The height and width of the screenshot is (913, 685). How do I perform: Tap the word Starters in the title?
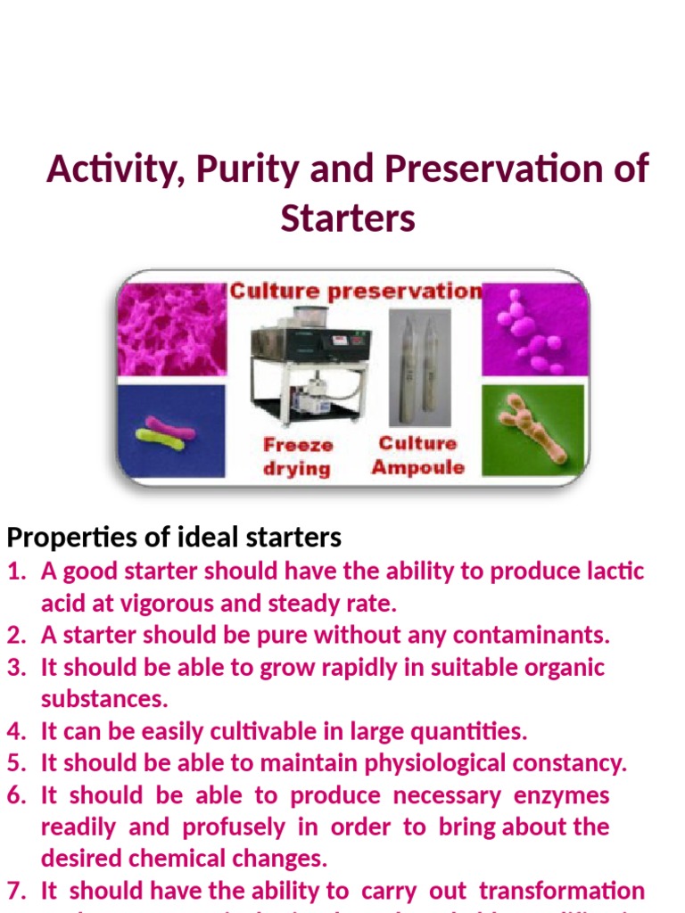point(348,217)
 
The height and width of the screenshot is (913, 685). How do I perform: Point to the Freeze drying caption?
point(298,456)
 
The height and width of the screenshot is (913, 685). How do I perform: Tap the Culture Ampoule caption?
point(417,455)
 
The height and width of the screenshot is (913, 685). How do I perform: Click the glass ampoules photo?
point(419,366)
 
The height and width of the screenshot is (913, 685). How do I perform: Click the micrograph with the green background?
point(532,429)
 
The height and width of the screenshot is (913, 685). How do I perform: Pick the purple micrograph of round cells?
point(534,331)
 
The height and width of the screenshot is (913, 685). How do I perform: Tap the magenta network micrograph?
point(172,329)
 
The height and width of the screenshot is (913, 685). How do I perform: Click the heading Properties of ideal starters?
point(174,538)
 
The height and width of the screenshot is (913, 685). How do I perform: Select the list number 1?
point(16,571)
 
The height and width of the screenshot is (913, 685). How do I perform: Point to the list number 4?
point(16,732)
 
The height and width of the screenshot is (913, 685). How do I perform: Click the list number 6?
point(16,795)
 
